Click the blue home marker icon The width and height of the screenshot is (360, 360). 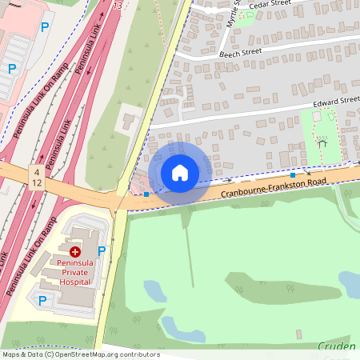pos(180,173)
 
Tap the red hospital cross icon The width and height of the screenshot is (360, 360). pos(74,251)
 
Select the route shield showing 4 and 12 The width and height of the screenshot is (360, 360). pos(38,178)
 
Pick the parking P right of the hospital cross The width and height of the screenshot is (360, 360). pos(102,250)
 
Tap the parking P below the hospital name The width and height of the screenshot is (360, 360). pos(42,300)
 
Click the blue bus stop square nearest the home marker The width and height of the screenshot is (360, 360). pos(146,194)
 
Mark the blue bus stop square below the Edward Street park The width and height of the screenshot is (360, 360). pos(294,174)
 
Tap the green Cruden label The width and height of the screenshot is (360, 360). pos(336,346)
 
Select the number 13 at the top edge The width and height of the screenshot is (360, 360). pos(118,6)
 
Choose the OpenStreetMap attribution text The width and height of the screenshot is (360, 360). pos(80,354)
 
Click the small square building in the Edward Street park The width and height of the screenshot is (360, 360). pos(317,117)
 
